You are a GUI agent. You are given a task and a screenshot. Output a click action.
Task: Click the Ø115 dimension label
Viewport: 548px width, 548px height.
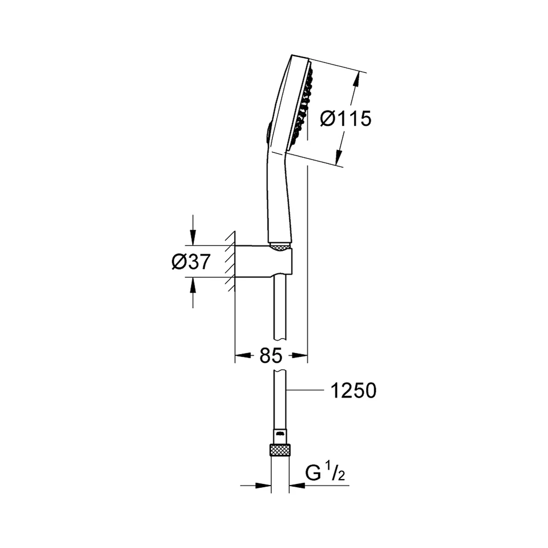[x=345, y=118]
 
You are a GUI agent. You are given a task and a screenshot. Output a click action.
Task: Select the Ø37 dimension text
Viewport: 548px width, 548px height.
[x=191, y=261]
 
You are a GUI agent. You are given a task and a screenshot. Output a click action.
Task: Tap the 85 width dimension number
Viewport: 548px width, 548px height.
[x=271, y=356]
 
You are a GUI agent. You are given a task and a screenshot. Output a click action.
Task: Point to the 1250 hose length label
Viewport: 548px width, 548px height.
[x=353, y=390]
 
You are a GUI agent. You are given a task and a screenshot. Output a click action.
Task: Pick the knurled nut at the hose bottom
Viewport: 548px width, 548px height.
[x=280, y=449]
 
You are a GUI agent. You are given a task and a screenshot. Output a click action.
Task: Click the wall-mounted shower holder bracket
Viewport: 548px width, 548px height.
[x=264, y=261]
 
